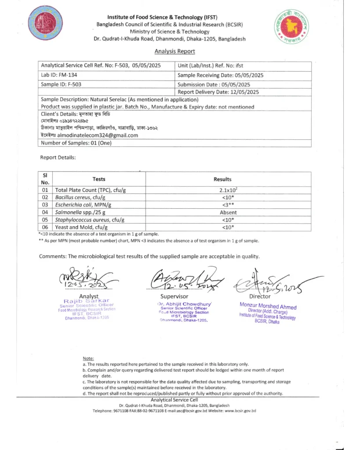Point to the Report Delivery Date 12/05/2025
pos(218,92)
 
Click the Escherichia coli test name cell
pos(83,205)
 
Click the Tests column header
pos(99,179)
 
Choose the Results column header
pos(222,179)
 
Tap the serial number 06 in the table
pos(45,227)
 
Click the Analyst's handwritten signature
pos(84,278)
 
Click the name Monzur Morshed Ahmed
pos(268,307)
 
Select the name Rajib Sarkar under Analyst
pos(84,301)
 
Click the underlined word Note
pos(88,359)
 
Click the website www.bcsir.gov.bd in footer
pos(240,411)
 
